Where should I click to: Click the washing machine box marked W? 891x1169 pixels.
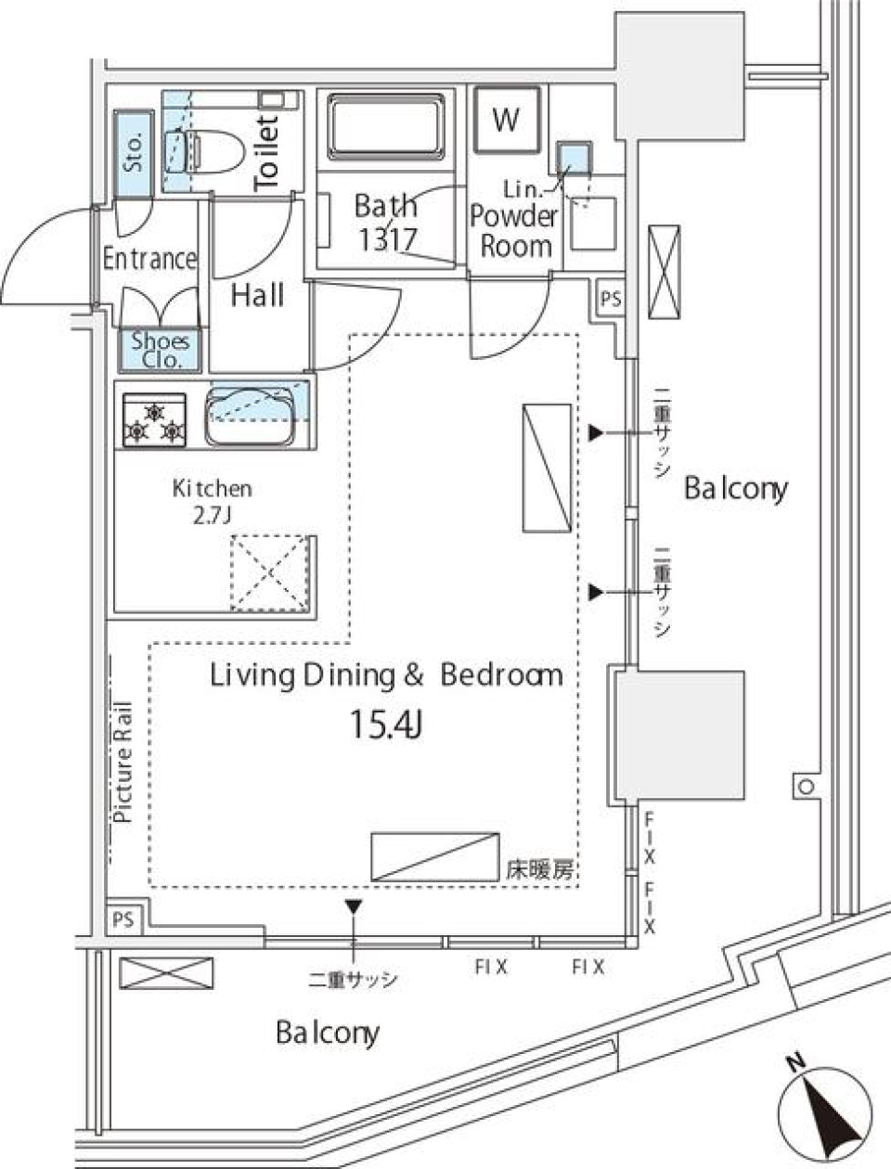click(x=506, y=120)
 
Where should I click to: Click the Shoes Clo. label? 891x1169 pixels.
click(x=160, y=350)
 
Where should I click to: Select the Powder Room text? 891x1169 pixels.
click(x=514, y=230)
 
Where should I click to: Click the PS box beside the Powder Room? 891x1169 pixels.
click(x=611, y=299)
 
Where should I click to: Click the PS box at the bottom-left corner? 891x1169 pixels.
click(x=123, y=920)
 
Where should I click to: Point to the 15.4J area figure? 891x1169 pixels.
click(x=386, y=725)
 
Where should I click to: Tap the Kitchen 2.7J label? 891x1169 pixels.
click(x=212, y=501)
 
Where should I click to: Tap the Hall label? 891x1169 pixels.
click(x=257, y=296)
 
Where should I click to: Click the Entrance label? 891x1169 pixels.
click(x=149, y=258)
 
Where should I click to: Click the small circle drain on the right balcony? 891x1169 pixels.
click(x=805, y=787)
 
